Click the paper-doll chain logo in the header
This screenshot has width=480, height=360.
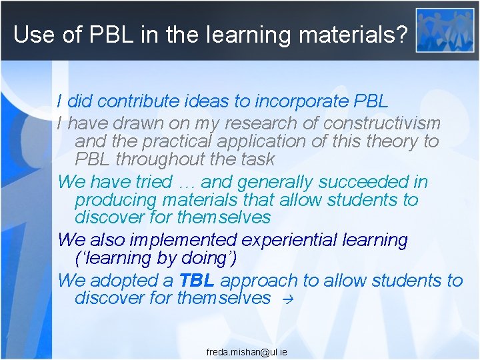point(445,30)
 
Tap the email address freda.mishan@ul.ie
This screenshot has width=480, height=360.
point(247,351)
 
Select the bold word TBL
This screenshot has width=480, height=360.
point(196,281)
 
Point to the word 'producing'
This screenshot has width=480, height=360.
point(113,200)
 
